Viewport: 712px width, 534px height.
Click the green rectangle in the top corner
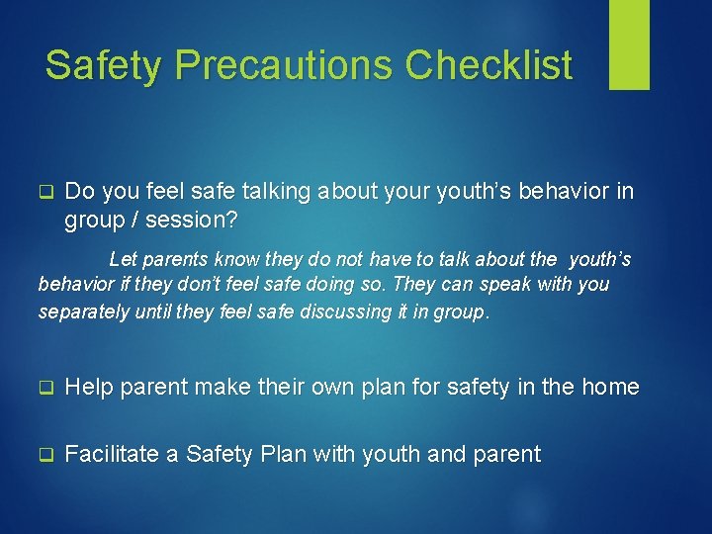pos(629,44)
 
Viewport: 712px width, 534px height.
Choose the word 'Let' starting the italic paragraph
pos(123,260)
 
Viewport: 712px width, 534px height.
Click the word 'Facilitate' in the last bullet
pos(112,455)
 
